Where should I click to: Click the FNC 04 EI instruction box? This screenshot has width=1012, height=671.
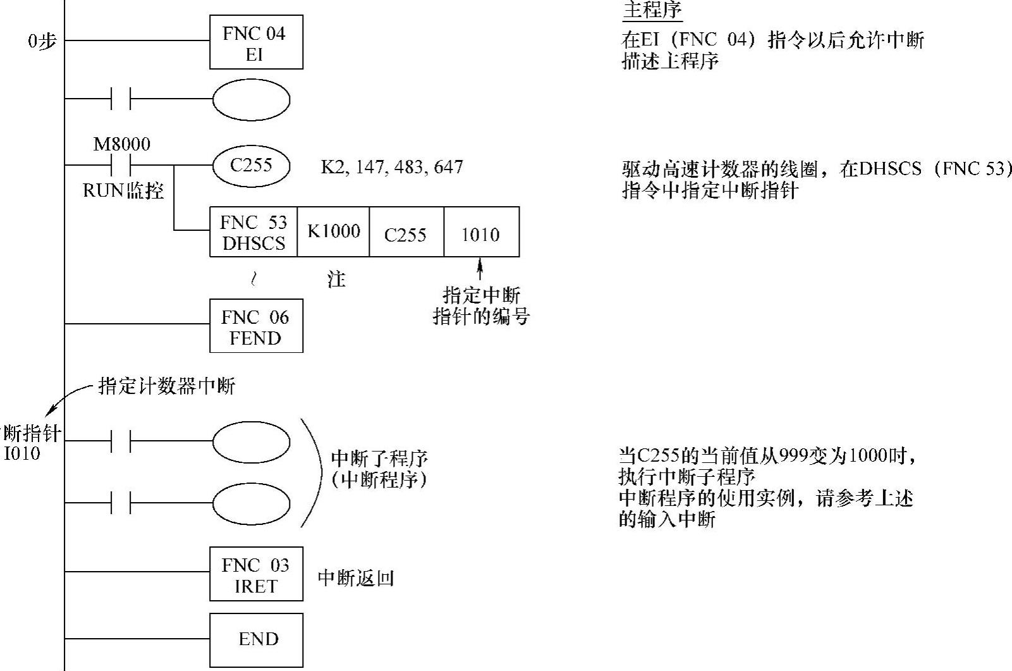coord(256,42)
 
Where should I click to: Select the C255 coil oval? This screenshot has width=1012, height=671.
coord(251,166)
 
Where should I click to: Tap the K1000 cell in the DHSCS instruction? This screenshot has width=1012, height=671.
coord(333,232)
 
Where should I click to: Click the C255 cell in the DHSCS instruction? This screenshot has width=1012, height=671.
coord(406,234)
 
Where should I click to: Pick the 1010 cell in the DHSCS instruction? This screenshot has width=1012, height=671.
coord(481,234)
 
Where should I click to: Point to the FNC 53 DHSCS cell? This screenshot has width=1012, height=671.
coord(253,232)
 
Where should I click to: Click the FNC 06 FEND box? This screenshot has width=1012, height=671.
coord(256,326)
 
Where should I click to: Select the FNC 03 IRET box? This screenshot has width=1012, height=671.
coord(256,574)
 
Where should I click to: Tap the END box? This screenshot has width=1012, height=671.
coord(256,639)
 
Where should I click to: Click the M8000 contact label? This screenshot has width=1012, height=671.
coord(122,144)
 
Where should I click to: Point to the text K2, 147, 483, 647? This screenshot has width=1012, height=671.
coord(392,167)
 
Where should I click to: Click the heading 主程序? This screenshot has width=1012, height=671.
coord(652,11)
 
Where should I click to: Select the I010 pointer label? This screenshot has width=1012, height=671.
coord(22,453)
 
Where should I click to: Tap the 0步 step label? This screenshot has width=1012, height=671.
coord(42,42)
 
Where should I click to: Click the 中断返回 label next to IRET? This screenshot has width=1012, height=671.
coord(356,577)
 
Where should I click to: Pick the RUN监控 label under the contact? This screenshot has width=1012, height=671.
coord(123,190)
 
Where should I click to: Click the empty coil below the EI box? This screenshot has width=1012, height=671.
coord(251,100)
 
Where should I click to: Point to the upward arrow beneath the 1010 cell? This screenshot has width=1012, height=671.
coord(480,268)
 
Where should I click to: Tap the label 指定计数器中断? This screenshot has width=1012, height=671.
coord(167,386)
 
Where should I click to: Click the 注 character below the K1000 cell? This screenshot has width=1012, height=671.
coord(336,279)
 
